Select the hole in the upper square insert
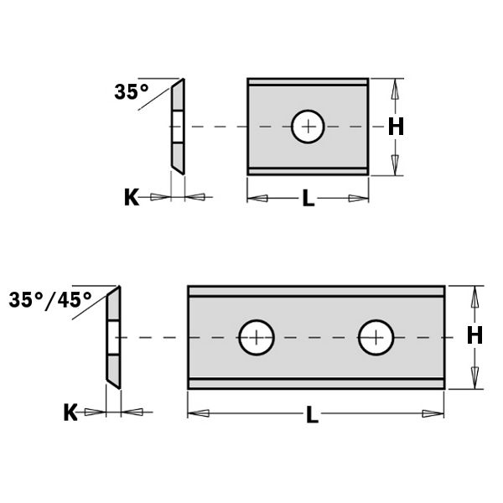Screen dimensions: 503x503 (310, 127)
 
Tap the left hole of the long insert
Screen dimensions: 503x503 (257, 338)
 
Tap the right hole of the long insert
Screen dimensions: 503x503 (376, 338)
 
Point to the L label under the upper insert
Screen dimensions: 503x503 (309, 199)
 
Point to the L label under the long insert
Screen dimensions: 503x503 (313, 415)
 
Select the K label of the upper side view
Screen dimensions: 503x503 (131, 198)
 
